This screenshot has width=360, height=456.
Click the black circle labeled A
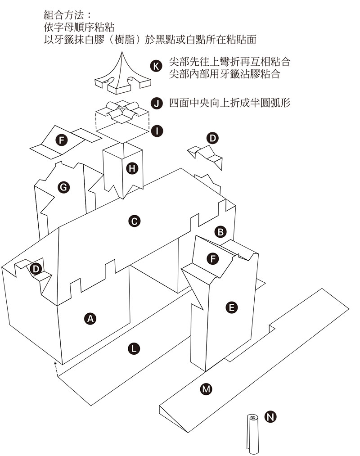pyautogui.click(x=90, y=319)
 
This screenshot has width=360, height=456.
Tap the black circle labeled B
pyautogui.click(x=220, y=232)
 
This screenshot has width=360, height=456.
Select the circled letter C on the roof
pyautogui.click(x=134, y=221)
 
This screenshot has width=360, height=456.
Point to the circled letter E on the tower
pyautogui.click(x=231, y=308)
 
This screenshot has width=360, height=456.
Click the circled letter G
pyautogui.click(x=64, y=187)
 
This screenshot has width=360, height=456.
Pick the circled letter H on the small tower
pyautogui.click(x=132, y=169)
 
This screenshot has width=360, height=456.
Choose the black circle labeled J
pyautogui.click(x=156, y=103)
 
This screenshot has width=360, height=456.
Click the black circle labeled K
pyautogui.click(x=156, y=66)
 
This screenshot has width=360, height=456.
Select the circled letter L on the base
pyautogui.click(x=134, y=348)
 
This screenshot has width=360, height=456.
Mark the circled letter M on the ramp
pyautogui.click(x=206, y=389)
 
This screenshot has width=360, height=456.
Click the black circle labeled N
pyautogui.click(x=270, y=417)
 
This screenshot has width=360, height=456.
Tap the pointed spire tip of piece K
pyautogui.click(x=122, y=53)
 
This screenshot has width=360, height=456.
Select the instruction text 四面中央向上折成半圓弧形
pyautogui.click(x=229, y=103)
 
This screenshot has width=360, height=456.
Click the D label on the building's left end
pyautogui.click(x=36, y=269)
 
